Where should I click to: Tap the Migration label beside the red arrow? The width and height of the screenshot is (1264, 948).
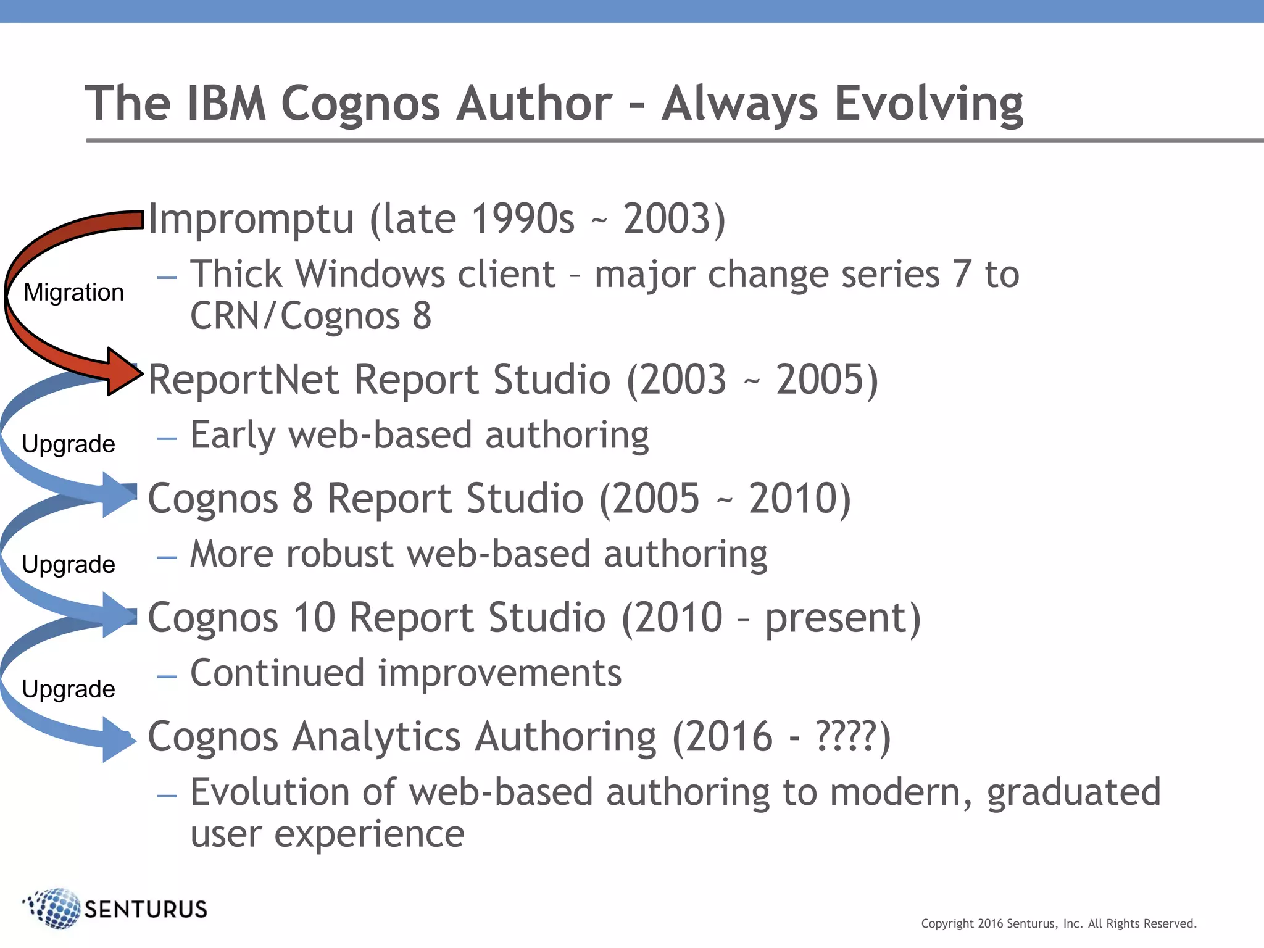[73, 292]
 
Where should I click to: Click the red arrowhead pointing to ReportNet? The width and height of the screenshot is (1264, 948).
[123, 372]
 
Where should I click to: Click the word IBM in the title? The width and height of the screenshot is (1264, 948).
[227, 103]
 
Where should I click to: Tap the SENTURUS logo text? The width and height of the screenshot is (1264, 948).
[146, 909]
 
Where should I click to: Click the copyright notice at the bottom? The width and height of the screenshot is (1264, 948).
[1058, 923]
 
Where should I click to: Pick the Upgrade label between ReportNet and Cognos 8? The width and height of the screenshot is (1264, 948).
[69, 444]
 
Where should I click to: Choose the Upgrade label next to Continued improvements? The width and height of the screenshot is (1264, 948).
[69, 689]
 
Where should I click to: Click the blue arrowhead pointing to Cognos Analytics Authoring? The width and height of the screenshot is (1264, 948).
[119, 739]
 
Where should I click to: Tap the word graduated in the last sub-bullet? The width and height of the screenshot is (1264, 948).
[1073, 792]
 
